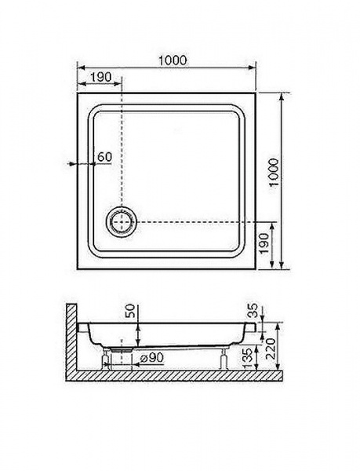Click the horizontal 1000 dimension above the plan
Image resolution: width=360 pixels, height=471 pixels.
(173, 60)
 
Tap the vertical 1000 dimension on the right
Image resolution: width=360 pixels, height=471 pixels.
(274, 173)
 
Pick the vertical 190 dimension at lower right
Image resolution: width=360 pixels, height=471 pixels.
(264, 243)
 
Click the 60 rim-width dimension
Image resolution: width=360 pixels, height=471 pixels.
(104, 156)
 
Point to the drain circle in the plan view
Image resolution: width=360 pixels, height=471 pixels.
(122, 222)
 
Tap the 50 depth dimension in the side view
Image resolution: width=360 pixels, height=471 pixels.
(130, 311)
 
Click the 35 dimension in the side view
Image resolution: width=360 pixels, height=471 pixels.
(253, 311)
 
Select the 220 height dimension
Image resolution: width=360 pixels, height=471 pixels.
(270, 349)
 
